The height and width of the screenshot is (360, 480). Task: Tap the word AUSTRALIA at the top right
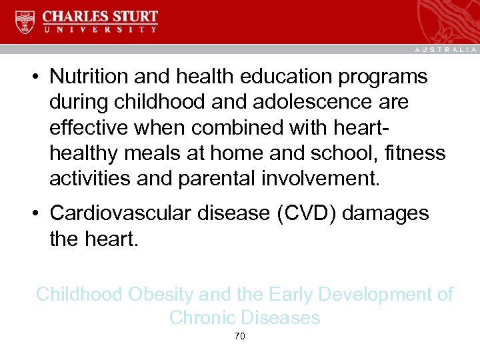point(446,50)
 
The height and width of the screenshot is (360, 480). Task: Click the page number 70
point(240,337)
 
